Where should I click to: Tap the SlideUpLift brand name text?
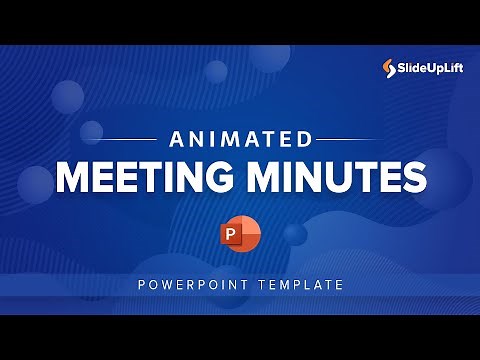(x=430, y=68)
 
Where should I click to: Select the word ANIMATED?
(x=240, y=138)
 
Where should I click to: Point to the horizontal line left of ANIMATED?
(x=129, y=138)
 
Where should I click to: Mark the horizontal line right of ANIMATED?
(x=352, y=138)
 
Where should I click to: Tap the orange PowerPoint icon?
(x=240, y=236)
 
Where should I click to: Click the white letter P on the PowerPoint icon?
(x=232, y=237)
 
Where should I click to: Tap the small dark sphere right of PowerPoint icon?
(x=294, y=234)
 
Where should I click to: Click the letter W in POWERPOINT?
(x=170, y=285)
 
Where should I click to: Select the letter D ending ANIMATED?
(x=302, y=138)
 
